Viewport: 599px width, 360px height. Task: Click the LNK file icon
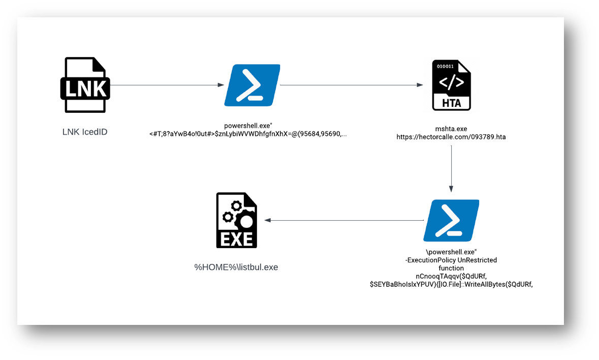click(x=85, y=85)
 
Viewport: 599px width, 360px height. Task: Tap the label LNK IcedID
click(x=85, y=132)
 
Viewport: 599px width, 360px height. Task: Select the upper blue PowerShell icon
click(x=253, y=85)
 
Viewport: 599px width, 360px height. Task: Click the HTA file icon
click(x=451, y=85)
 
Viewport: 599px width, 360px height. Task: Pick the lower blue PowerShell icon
click(x=451, y=220)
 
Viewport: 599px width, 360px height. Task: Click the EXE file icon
click(x=236, y=220)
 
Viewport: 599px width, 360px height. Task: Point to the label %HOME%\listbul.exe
click(x=236, y=267)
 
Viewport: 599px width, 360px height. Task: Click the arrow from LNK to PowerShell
click(x=167, y=85)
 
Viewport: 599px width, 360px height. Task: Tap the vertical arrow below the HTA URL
click(x=451, y=167)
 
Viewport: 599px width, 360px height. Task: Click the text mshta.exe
click(x=451, y=129)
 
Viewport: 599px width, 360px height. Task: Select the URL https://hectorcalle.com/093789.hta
click(x=451, y=137)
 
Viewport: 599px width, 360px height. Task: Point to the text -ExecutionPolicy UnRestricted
click(x=451, y=260)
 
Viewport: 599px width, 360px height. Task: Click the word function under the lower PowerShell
click(x=451, y=268)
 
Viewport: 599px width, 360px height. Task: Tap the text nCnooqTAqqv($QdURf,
click(x=451, y=276)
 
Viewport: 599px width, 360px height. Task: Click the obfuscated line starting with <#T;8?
click(x=248, y=134)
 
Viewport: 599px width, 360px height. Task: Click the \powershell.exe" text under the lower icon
click(x=451, y=252)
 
